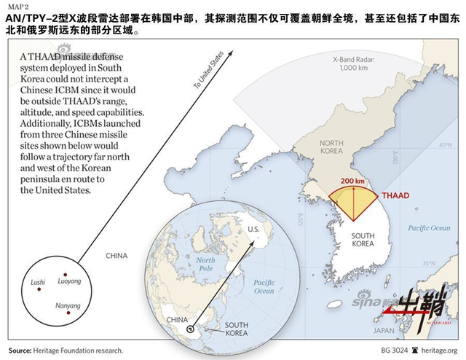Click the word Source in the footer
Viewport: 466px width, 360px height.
pyautogui.click(x=20, y=351)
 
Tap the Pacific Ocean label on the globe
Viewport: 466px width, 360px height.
pyautogui.click(x=264, y=286)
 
